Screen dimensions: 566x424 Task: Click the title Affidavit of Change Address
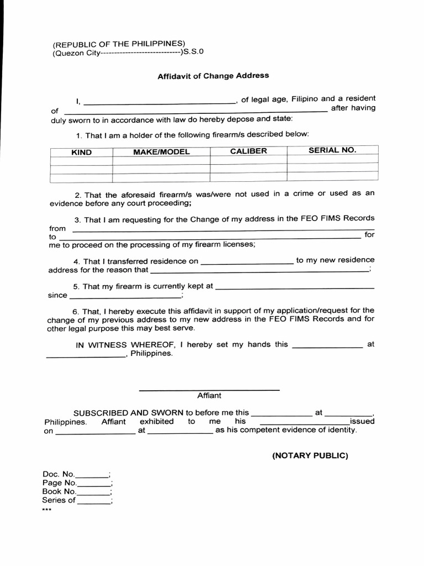[x=213, y=76]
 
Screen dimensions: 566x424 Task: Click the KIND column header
[x=81, y=152]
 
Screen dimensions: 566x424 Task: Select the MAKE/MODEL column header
[x=161, y=152]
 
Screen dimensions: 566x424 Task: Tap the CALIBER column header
[x=248, y=151]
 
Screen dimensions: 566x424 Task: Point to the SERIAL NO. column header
[x=332, y=150]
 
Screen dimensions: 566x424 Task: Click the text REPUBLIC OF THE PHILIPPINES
[x=119, y=44]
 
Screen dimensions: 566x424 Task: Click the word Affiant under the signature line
[x=209, y=396]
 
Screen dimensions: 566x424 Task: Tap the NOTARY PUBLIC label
[x=310, y=455]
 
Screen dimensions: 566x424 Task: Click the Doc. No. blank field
[x=92, y=475]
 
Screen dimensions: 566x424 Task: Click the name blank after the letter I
[x=159, y=102]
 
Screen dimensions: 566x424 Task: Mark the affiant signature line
[x=209, y=389]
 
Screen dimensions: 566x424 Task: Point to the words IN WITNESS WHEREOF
[x=126, y=344]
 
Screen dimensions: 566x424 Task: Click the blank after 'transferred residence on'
[x=247, y=262]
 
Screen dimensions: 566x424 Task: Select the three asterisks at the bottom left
[x=46, y=510]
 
